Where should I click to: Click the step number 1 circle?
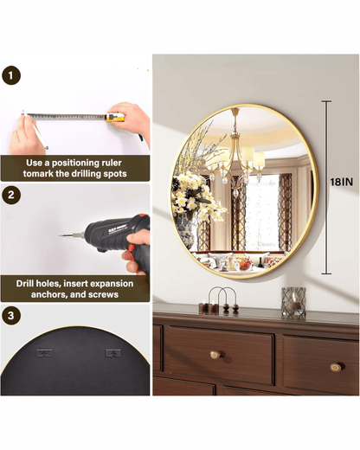[12, 76]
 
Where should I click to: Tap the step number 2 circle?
[12, 195]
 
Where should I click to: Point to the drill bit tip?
[61, 235]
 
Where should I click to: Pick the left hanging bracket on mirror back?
[44, 353]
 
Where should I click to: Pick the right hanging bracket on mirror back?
[112, 353]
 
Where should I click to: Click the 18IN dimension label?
[340, 182]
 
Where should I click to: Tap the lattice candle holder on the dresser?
[293, 302]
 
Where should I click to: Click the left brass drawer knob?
[215, 355]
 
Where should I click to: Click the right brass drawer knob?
[333, 366]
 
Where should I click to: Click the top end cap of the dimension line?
[325, 101]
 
